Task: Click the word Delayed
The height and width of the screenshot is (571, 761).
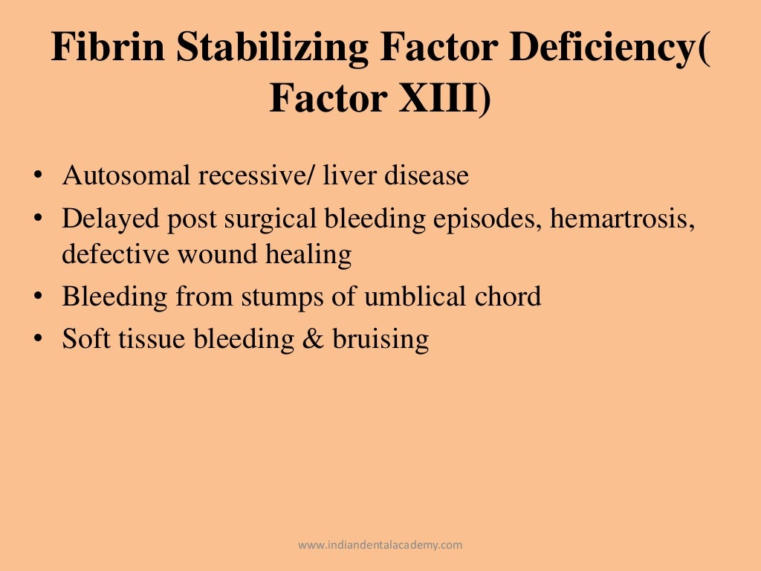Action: pos(107,219)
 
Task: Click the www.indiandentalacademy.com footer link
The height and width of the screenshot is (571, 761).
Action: pos(380,545)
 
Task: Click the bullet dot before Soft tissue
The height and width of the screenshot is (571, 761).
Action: pos(37,340)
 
